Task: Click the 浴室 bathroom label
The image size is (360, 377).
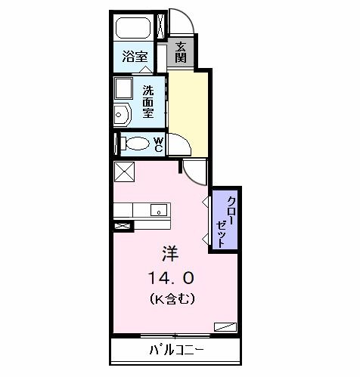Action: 135,56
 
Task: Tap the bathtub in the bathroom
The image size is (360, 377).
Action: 133,28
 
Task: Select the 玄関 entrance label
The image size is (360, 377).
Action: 181,52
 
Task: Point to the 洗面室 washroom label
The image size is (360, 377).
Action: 148,101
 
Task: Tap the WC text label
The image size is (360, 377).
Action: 159,144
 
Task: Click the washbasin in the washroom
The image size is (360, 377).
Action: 122,115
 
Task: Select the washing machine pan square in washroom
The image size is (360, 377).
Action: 123,88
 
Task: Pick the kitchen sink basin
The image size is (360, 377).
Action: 159,210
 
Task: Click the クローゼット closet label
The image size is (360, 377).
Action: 225,221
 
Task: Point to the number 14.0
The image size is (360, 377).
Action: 172,278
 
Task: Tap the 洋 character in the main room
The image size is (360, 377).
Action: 170,253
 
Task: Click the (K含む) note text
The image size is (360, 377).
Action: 172,298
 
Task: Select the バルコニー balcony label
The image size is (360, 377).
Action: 176,350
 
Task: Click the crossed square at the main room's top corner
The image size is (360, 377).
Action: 124,172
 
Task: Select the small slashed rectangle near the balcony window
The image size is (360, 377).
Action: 225,326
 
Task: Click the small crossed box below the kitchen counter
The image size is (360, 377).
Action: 123,225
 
